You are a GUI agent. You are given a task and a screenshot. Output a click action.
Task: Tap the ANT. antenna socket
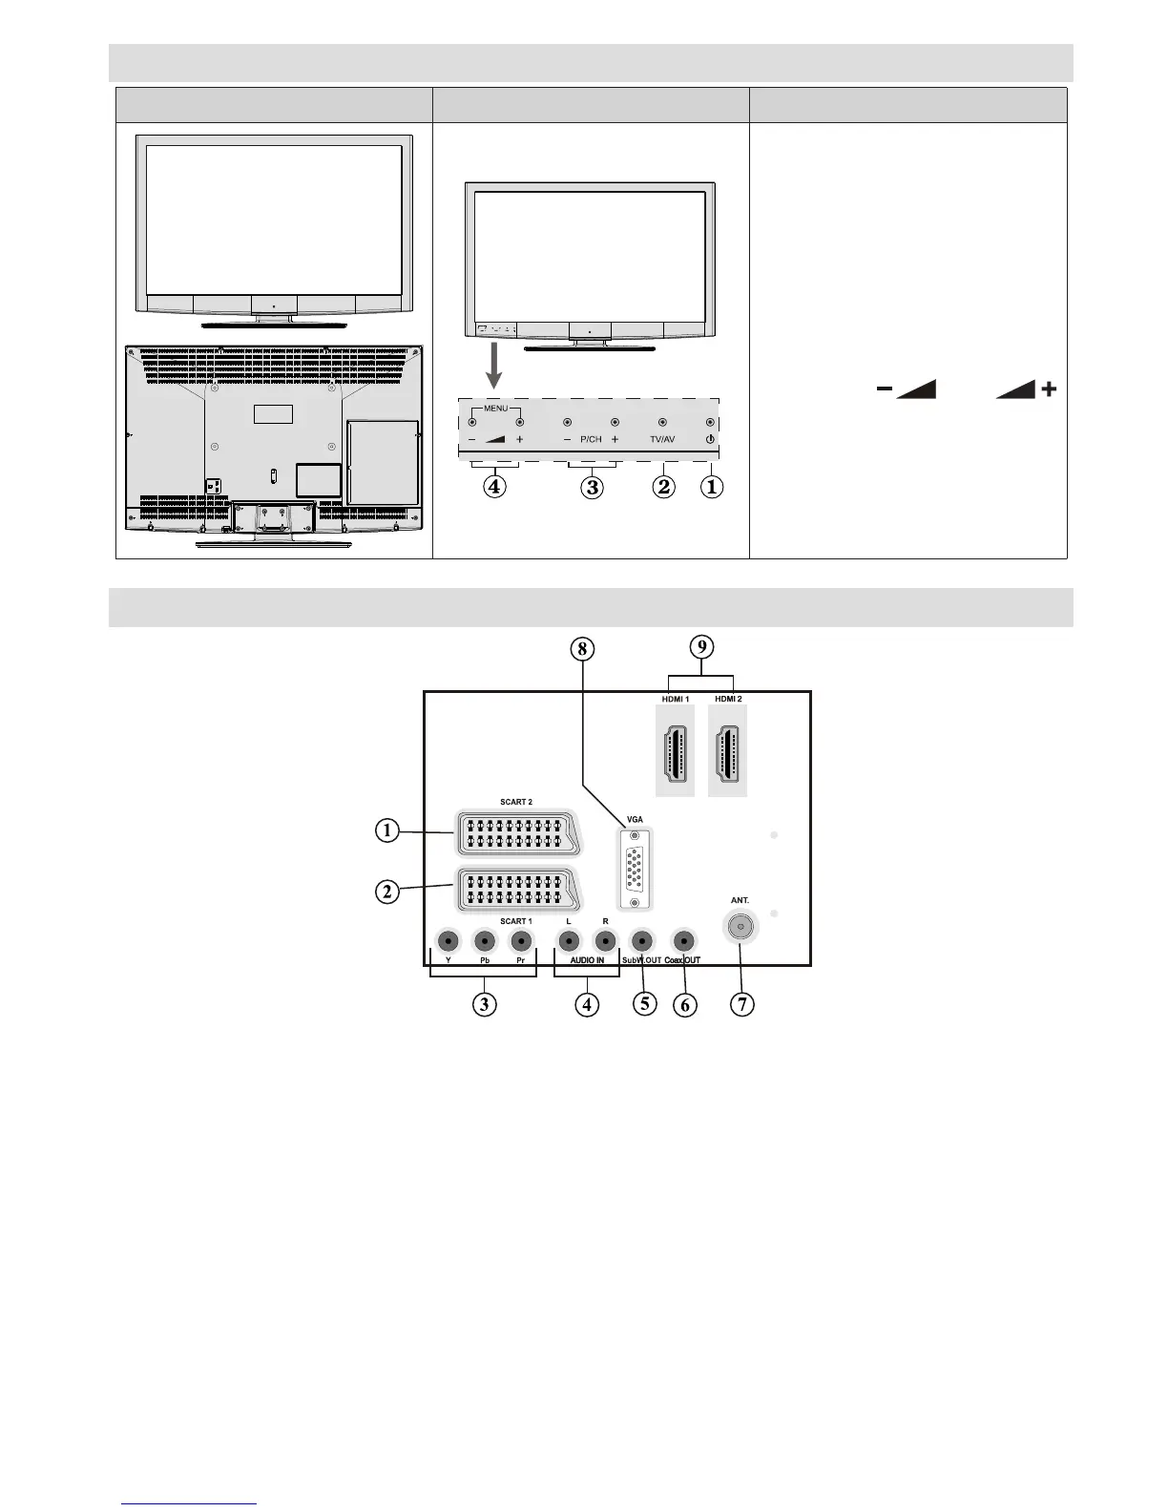coord(740,926)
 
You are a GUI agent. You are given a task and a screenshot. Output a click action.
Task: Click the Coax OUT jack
coord(682,941)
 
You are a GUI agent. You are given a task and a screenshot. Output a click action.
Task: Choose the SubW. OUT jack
coord(643,941)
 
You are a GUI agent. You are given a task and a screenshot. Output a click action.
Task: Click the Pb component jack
coord(485,941)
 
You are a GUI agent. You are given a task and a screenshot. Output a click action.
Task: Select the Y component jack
coord(447,941)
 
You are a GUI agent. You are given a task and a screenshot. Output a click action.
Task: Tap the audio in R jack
coord(605,941)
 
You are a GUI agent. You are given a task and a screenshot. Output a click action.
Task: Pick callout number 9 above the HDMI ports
coord(701,646)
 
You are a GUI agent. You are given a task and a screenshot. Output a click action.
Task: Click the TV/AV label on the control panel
coord(663,440)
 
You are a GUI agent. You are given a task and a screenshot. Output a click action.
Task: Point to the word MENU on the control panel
coord(495,409)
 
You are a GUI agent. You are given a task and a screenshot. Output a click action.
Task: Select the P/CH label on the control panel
coord(591,440)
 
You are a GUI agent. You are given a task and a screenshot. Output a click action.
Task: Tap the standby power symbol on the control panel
coord(710,440)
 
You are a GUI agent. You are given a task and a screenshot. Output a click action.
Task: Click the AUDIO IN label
coord(587,960)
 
